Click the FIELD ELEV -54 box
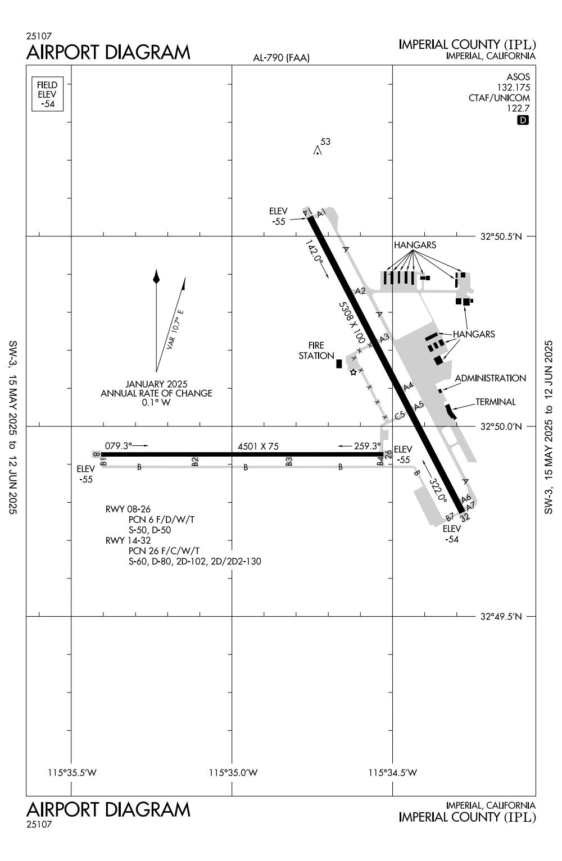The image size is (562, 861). (x=47, y=94)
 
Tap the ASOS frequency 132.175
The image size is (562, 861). (x=513, y=87)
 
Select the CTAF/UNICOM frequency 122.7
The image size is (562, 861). (x=519, y=108)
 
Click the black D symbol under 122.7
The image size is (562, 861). (x=523, y=120)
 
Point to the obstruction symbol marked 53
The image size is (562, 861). (x=318, y=151)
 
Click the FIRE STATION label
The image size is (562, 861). (x=316, y=350)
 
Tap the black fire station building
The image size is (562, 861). (x=339, y=363)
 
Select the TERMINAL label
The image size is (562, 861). (x=495, y=402)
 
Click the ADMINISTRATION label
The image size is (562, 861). (x=490, y=379)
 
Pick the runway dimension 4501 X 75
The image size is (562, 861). (x=258, y=447)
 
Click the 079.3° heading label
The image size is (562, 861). (x=117, y=446)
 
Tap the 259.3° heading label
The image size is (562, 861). (x=368, y=446)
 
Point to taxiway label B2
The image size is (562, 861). (x=195, y=462)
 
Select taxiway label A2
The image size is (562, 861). (x=360, y=291)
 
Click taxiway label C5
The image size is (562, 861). (x=400, y=416)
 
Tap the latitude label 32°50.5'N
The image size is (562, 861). (x=501, y=236)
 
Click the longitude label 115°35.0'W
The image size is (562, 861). (x=233, y=773)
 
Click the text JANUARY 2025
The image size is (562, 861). (x=156, y=384)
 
